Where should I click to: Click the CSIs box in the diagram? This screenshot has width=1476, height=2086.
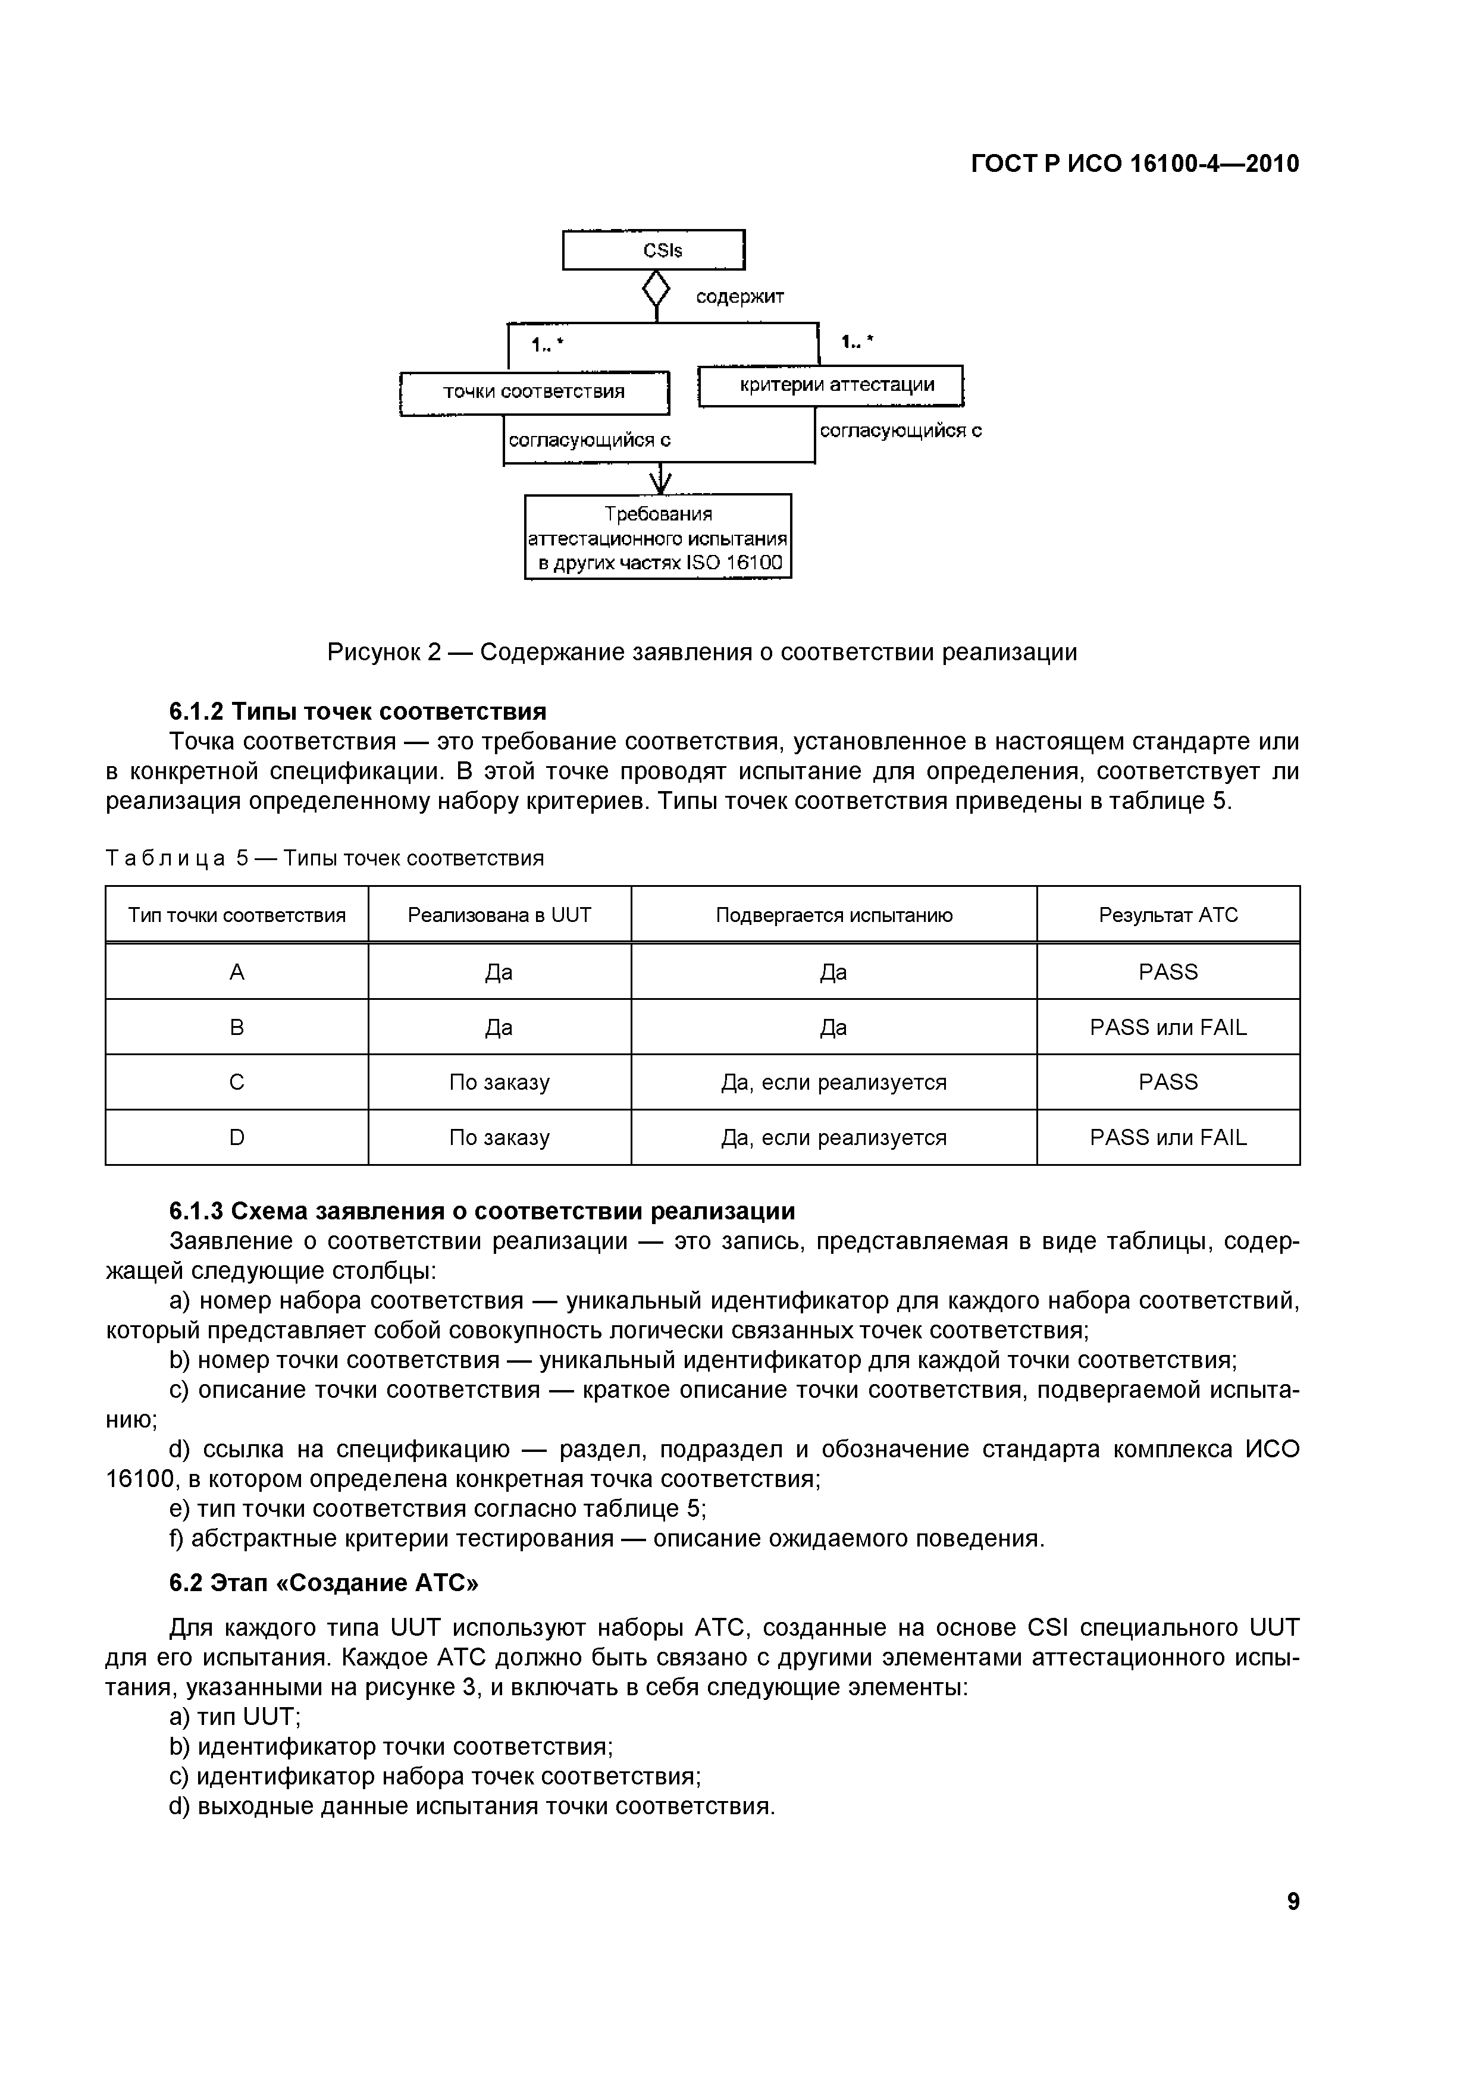click(653, 250)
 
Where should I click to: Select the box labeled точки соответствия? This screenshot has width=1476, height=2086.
click(534, 393)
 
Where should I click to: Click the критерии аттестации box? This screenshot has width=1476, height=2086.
click(831, 385)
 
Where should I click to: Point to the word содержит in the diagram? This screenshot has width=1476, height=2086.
click(740, 297)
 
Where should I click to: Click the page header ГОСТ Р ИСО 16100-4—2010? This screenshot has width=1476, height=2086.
click(1135, 164)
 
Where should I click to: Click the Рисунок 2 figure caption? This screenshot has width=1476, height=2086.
click(701, 653)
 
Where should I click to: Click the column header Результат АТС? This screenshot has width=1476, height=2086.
click(1168, 915)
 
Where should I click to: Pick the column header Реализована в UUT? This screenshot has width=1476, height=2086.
click(499, 915)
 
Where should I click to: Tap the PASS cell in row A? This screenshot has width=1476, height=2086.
click(1168, 972)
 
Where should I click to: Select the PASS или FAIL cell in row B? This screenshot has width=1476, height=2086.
click(1168, 1028)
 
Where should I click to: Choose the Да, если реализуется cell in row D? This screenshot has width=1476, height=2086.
click(833, 1137)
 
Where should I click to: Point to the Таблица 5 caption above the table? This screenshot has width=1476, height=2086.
click(324, 858)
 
